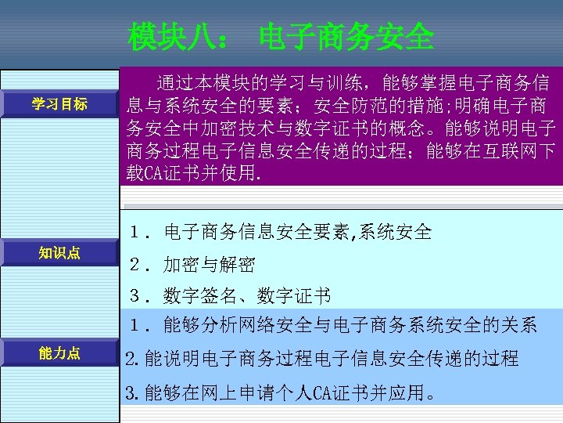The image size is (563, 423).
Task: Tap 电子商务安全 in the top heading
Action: click(x=346, y=35)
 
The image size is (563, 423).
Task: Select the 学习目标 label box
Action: click(x=59, y=104)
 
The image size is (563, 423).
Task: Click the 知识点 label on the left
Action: click(x=59, y=252)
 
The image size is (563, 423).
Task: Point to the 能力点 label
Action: click(x=59, y=353)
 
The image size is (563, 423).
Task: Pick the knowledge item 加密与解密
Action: click(x=209, y=265)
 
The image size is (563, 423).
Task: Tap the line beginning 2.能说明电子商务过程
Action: click(x=321, y=359)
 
